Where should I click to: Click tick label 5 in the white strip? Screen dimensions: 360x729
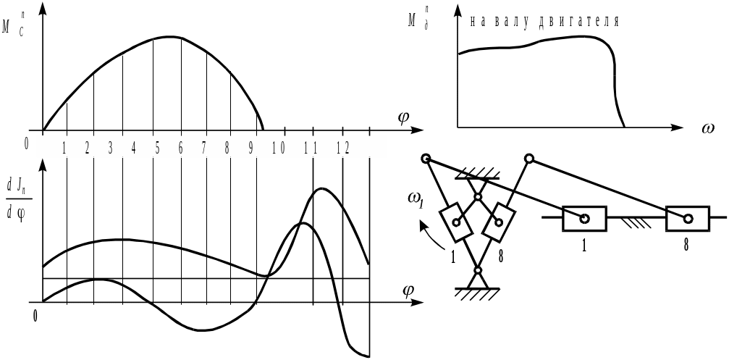pos(157,148)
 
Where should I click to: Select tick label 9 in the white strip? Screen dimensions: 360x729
pos(250,148)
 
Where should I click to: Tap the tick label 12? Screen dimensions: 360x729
pos(343,148)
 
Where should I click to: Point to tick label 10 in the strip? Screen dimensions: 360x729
pos(278,148)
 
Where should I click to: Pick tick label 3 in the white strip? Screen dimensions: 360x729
pos(110,148)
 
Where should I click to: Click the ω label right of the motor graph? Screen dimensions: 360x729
pos(708,129)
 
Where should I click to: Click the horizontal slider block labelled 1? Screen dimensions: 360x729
pos(584,217)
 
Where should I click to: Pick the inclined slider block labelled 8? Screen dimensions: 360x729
pos(499,222)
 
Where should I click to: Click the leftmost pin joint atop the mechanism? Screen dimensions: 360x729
pos(426,159)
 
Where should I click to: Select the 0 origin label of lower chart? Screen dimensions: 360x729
pos(35,315)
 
